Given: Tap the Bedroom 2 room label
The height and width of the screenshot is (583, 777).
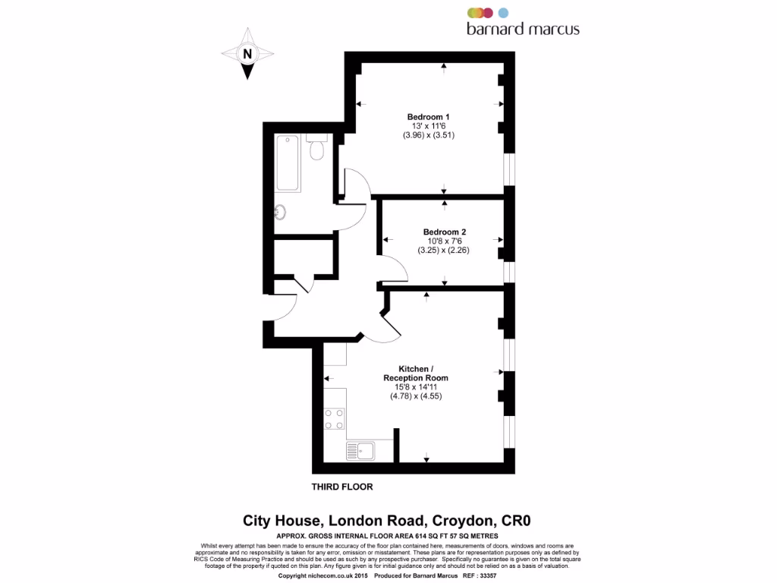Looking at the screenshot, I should (x=444, y=232).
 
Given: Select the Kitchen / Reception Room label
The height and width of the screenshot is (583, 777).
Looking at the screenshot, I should (x=415, y=373).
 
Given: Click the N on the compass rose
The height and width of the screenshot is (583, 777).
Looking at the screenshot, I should (x=247, y=54).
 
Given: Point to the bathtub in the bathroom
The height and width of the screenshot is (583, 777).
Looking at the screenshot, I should (x=288, y=163).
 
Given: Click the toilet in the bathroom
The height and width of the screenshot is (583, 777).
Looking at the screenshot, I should (x=316, y=149).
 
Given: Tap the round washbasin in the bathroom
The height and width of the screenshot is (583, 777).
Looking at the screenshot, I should (x=280, y=212).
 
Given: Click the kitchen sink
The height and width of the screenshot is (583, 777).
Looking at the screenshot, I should (x=365, y=451).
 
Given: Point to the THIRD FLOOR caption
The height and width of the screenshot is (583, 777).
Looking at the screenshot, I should (x=342, y=487).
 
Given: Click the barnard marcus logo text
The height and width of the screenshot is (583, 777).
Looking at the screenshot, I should (x=523, y=29).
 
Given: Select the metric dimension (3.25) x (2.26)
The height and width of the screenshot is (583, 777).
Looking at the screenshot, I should (x=444, y=249).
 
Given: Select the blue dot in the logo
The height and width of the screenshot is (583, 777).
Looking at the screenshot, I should (x=503, y=12).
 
